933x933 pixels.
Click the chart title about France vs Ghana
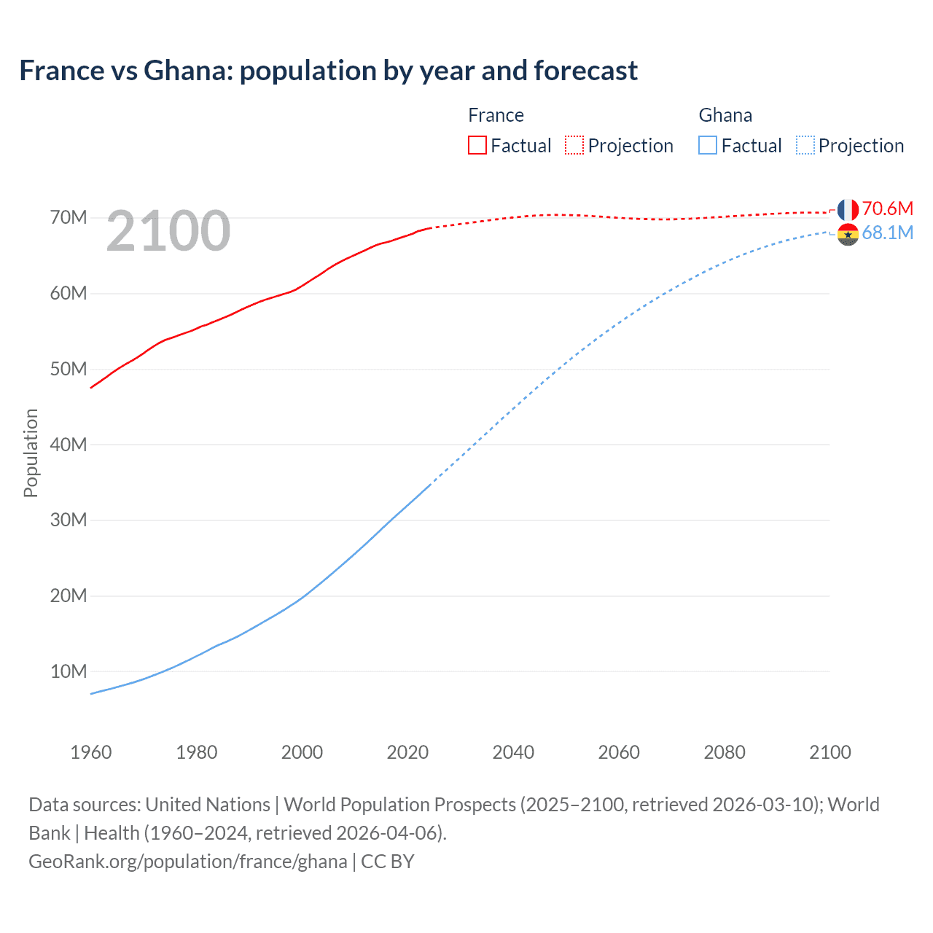click(x=328, y=71)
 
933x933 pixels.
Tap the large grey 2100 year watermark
click(x=168, y=231)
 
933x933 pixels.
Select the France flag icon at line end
click(x=848, y=210)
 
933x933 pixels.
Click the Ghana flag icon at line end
click(x=848, y=235)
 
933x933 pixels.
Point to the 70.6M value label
click(x=887, y=208)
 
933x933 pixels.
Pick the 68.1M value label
click(x=887, y=233)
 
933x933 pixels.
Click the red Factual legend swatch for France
click(x=477, y=145)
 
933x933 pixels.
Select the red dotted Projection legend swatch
click(x=574, y=145)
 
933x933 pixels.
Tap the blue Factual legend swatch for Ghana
click(x=707, y=145)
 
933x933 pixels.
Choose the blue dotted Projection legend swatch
click(x=805, y=145)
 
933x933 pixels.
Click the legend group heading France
click(x=496, y=115)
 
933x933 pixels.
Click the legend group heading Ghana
click(x=725, y=115)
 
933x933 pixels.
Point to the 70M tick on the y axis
click(x=69, y=217)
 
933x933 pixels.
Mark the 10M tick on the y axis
click(x=69, y=671)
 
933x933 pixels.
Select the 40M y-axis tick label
click(x=69, y=445)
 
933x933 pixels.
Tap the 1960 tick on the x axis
click(x=91, y=752)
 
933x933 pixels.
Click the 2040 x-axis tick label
click(x=513, y=752)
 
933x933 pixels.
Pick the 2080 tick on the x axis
click(x=725, y=752)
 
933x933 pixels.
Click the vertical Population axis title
click(x=31, y=453)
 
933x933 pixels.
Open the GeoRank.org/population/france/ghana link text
click(x=188, y=862)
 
